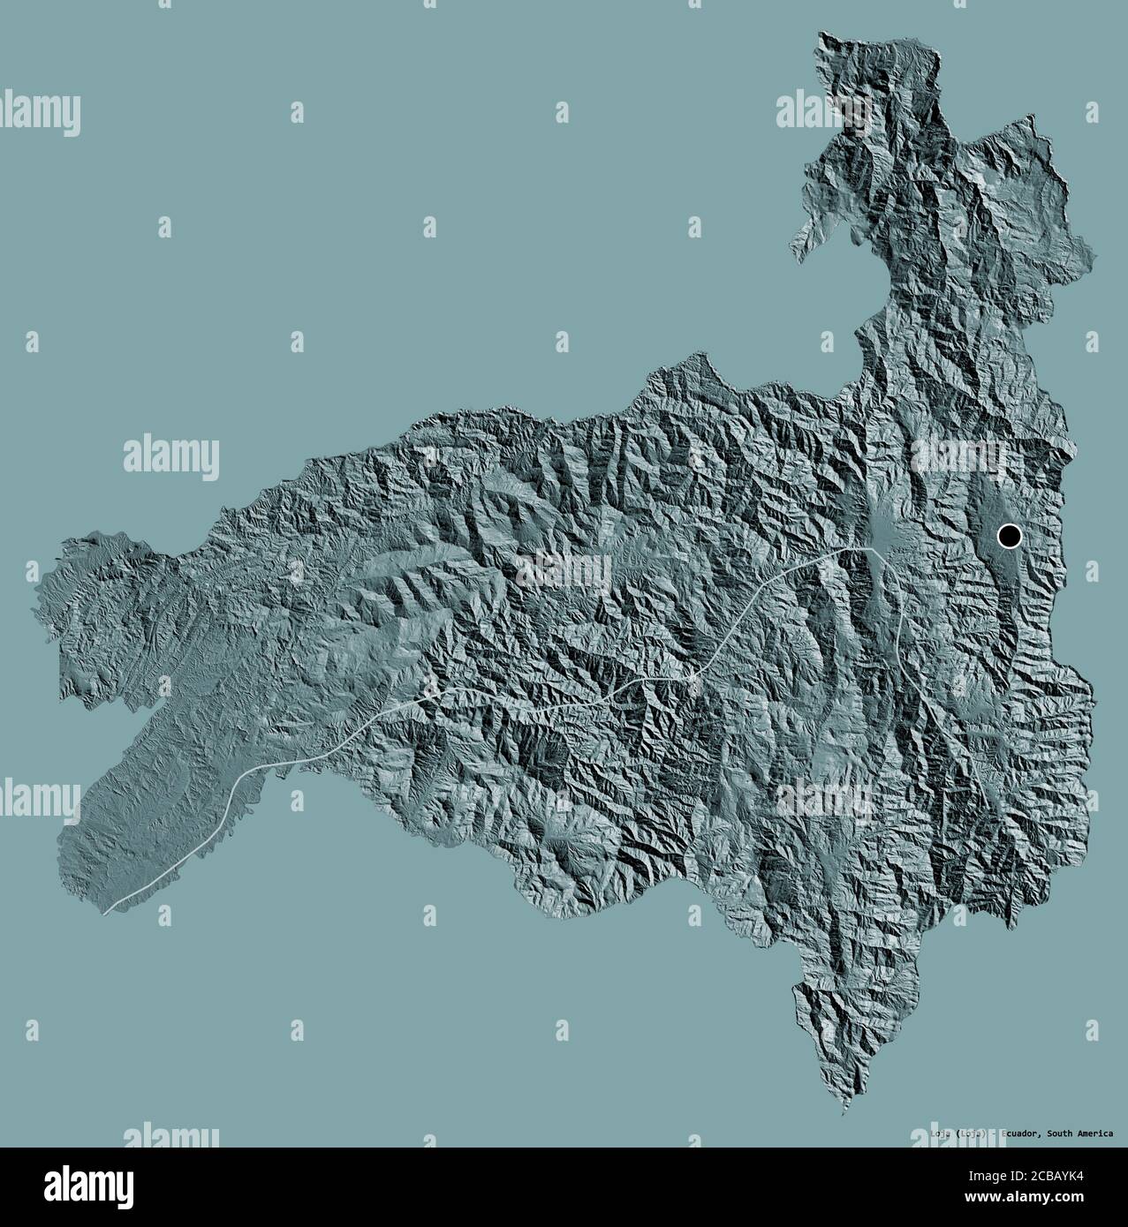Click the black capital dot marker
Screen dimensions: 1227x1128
[1009, 535]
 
